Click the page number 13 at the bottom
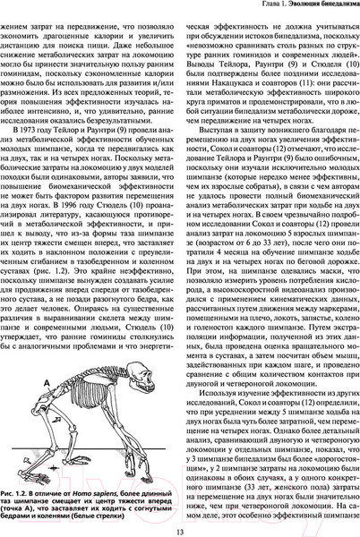[x=180, y=526]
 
